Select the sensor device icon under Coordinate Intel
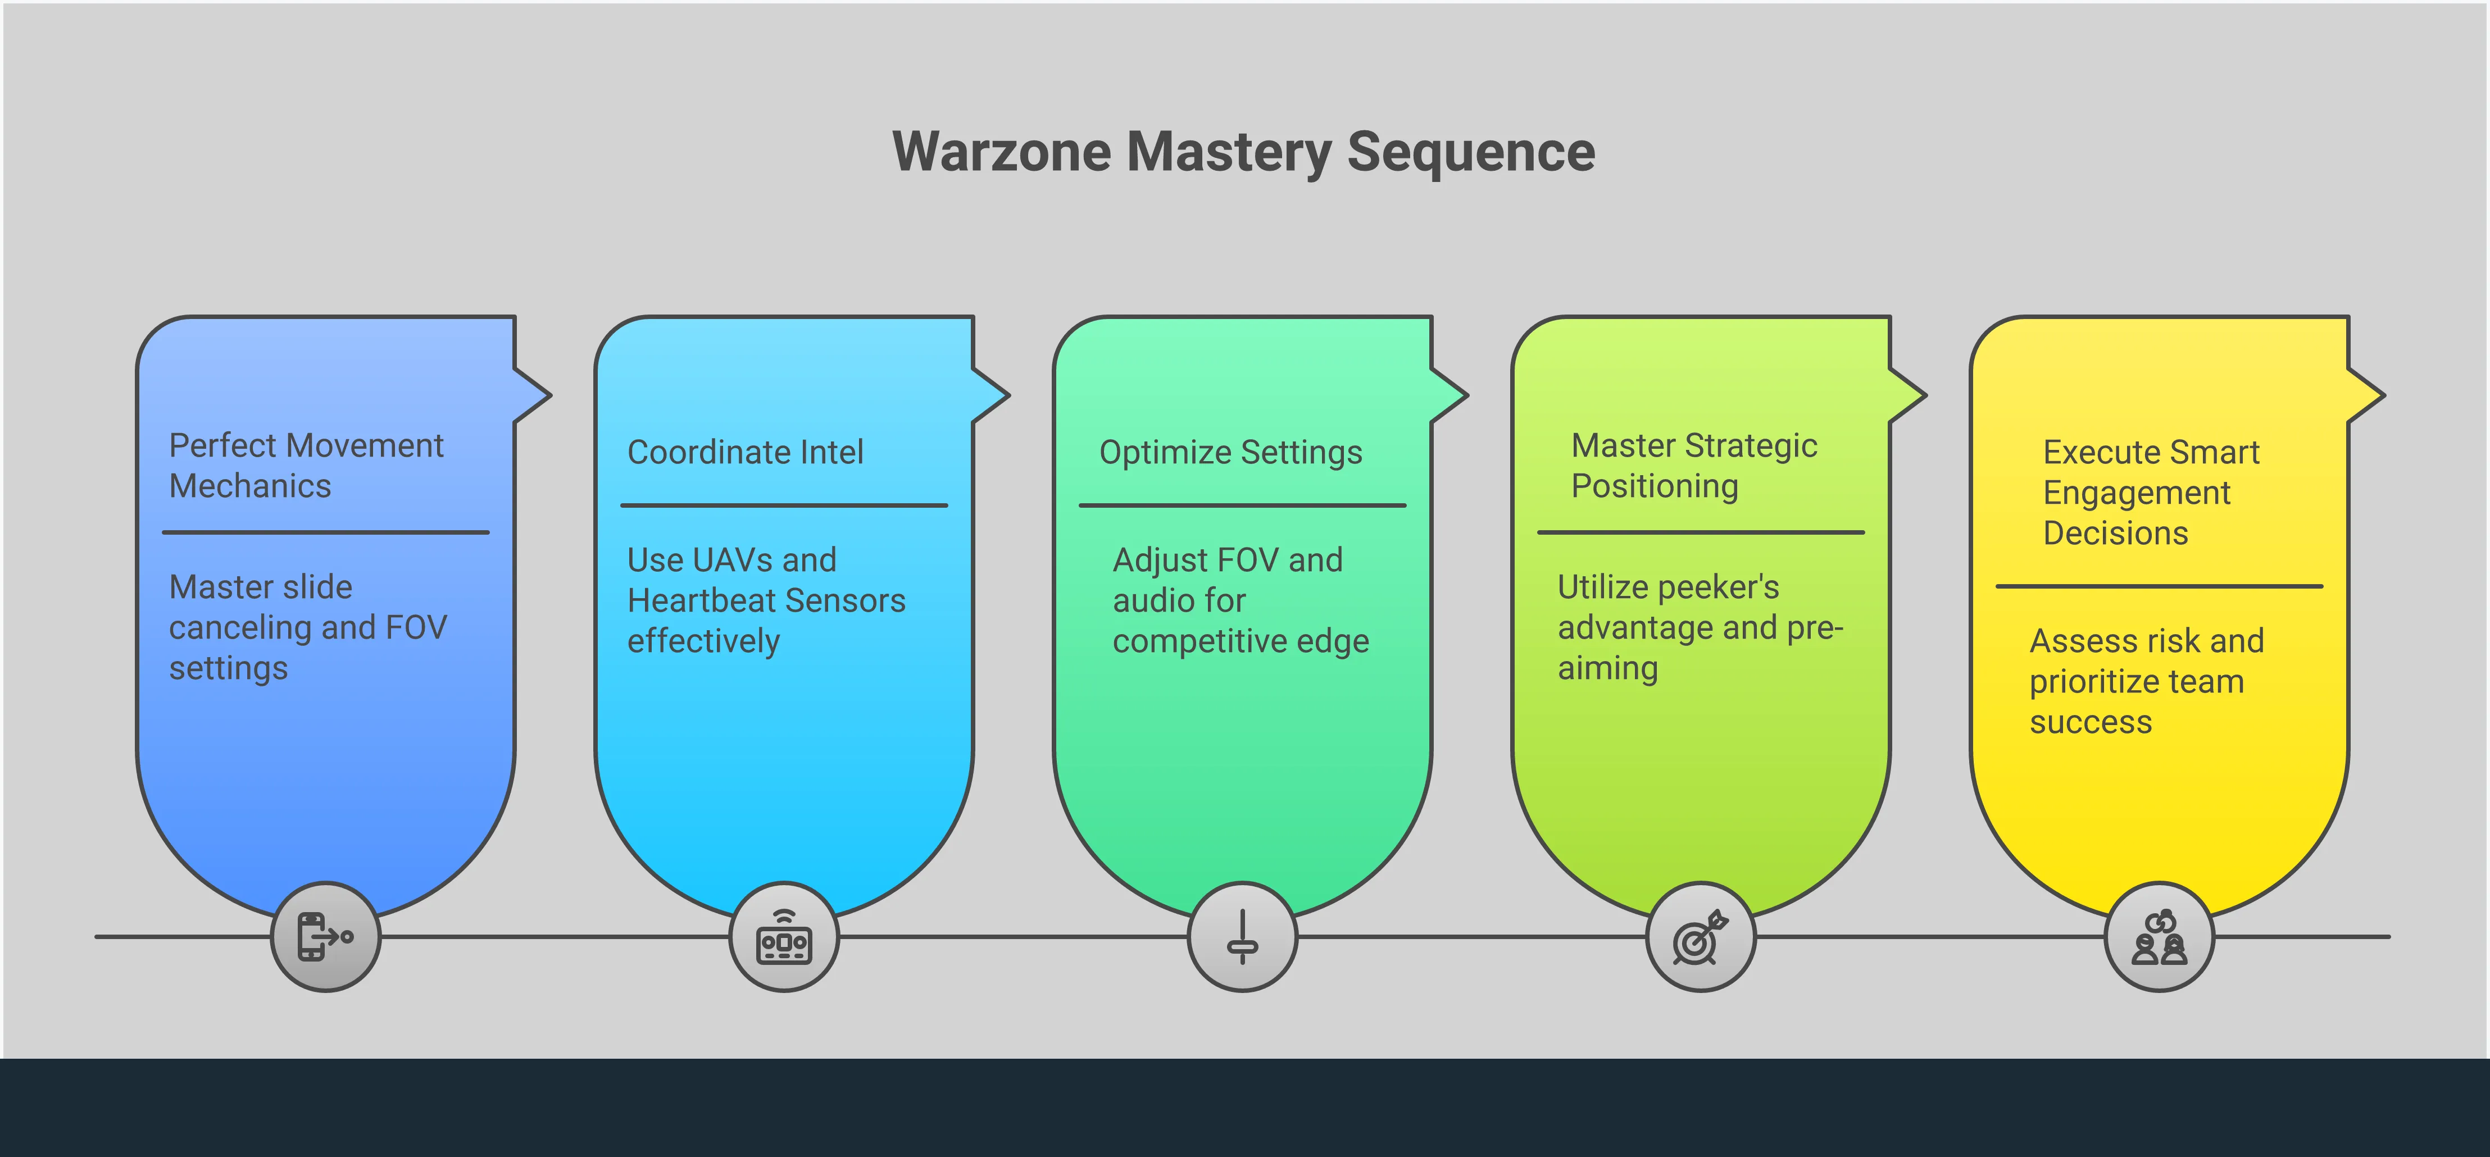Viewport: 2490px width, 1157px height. tap(784, 937)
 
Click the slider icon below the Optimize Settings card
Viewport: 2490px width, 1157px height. tap(1242, 937)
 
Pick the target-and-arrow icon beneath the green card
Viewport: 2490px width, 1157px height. tap(1700, 937)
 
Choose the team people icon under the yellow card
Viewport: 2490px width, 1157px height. tap(2160, 937)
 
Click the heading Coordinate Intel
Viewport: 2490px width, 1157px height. tap(746, 452)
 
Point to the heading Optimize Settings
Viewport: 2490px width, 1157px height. tap(1230, 452)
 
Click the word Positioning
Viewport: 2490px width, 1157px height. tap(1655, 486)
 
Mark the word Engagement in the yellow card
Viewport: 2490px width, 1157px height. tap(2136, 493)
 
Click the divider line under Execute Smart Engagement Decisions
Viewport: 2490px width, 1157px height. tap(2160, 586)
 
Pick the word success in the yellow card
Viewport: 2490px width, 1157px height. tap(2091, 723)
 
